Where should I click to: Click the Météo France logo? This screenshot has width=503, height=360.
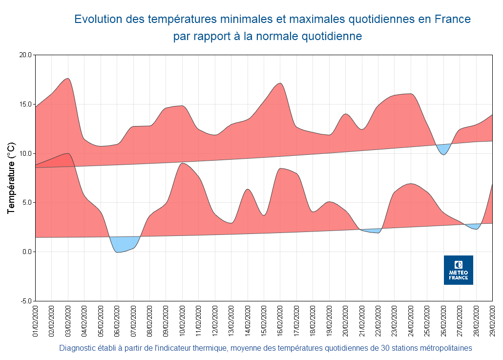pos(458,270)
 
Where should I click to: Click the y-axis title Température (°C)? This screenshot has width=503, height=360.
pos(12,178)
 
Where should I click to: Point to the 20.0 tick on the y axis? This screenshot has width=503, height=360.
pos(25,55)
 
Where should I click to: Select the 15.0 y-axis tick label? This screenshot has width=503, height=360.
pos(25,105)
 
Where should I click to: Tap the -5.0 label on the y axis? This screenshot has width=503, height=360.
pos(25,301)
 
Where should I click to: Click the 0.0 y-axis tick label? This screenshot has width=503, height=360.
pos(27,252)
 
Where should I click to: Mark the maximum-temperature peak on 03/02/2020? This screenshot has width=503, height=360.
pos(68,79)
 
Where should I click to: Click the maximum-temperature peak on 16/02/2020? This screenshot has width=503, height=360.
pos(280,84)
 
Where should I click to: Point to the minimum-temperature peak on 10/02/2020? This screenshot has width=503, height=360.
pos(182,164)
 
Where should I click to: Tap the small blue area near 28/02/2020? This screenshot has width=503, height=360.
pos(475,226)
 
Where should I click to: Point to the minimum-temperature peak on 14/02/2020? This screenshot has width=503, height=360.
pos(248,189)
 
